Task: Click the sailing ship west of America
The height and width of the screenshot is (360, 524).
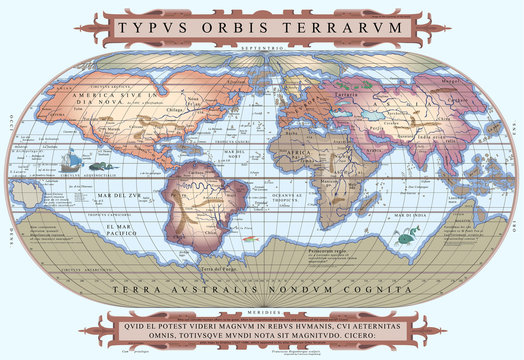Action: point(71,158)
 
